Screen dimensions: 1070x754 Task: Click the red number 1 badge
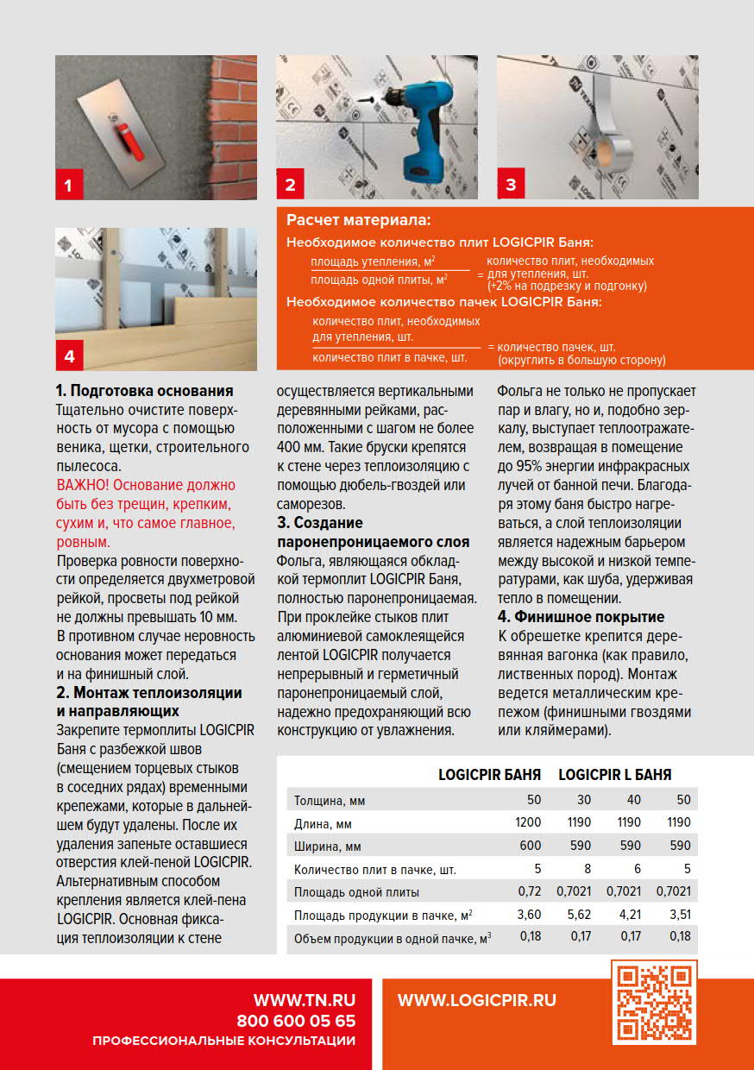(69, 185)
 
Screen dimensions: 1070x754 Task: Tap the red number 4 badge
(69, 355)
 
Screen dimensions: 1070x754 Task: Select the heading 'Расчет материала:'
(358, 222)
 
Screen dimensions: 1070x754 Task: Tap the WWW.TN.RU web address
(304, 1000)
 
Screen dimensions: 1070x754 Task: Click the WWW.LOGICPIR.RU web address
(476, 1000)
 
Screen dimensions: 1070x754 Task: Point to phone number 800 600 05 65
(296, 1021)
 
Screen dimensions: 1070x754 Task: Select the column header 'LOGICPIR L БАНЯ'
(614, 775)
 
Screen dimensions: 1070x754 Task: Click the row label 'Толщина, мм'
(329, 799)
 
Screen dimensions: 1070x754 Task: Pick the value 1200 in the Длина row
(527, 822)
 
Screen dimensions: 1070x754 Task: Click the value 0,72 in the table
(529, 891)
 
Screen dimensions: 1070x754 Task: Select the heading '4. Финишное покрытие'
(581, 617)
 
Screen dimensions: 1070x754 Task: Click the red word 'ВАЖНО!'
(82, 486)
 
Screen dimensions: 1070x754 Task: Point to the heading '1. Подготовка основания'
(144, 390)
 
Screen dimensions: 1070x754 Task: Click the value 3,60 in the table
(529, 914)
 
